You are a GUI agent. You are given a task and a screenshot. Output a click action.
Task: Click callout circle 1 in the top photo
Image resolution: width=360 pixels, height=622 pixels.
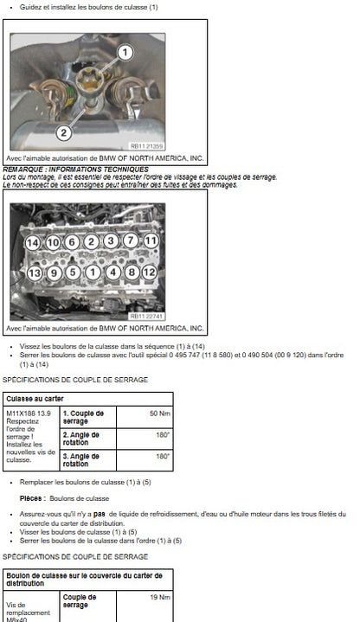click(x=125, y=52)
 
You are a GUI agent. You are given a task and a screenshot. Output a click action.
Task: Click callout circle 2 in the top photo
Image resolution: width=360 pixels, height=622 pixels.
click(x=64, y=132)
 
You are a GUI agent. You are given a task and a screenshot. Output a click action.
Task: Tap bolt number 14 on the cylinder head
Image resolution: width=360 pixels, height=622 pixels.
click(x=33, y=243)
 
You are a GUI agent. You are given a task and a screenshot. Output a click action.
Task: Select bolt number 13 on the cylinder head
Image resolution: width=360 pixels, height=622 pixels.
click(x=35, y=273)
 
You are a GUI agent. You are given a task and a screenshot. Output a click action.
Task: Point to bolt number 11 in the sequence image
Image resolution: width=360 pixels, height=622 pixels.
click(x=151, y=240)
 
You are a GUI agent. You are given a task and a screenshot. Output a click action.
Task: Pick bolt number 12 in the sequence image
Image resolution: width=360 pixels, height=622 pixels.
click(x=149, y=273)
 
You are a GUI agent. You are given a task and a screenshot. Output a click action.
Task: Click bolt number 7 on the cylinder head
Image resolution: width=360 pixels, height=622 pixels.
click(x=131, y=240)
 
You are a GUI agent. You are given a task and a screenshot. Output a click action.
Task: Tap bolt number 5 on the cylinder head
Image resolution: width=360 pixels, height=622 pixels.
click(x=73, y=273)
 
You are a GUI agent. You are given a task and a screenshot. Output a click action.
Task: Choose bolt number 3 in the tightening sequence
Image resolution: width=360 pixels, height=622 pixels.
click(x=111, y=240)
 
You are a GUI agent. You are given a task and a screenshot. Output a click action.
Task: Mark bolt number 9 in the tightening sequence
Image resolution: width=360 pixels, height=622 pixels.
click(x=54, y=273)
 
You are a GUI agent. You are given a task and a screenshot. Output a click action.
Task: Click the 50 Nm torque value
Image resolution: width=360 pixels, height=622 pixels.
click(x=159, y=414)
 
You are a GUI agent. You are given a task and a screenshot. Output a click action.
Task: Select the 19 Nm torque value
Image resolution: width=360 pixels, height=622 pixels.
click(x=160, y=597)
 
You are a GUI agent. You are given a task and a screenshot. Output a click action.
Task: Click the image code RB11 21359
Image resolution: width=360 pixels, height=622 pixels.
click(x=146, y=146)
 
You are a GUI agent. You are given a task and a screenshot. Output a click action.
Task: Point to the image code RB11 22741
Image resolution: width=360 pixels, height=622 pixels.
click(x=146, y=316)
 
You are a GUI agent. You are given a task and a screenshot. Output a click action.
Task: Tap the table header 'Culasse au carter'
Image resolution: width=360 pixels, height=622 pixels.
click(x=35, y=399)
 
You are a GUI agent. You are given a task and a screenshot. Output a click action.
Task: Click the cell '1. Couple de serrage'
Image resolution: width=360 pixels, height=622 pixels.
click(x=83, y=417)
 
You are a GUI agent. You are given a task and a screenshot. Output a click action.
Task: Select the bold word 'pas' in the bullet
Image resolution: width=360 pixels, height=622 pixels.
click(x=100, y=514)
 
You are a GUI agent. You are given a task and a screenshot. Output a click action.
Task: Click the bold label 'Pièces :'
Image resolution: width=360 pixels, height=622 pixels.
click(x=33, y=498)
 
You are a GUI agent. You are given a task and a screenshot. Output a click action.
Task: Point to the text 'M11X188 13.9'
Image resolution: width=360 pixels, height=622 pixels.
click(x=29, y=414)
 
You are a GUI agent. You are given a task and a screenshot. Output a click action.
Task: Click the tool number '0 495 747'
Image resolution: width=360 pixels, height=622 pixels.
click(x=184, y=355)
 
